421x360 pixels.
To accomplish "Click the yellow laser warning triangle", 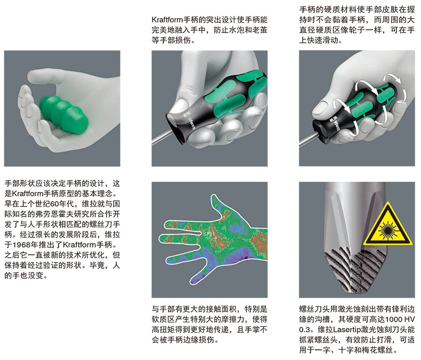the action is [388, 227].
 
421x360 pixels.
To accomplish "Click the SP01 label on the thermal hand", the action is [209, 234].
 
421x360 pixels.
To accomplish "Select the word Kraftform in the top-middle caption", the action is [167, 20].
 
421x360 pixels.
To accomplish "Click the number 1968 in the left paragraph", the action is [22, 245].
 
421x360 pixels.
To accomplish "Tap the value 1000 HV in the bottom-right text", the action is [400, 319].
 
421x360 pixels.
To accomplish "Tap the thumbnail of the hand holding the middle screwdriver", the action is [180, 106].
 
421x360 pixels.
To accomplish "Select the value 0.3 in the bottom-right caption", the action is [304, 330].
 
